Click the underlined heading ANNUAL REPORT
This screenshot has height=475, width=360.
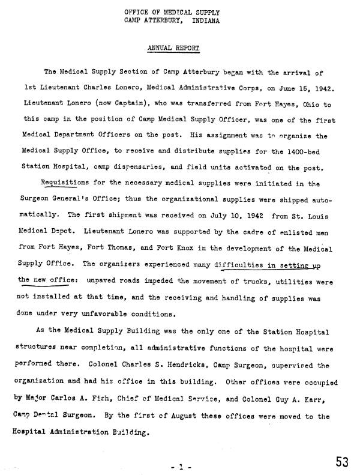click(x=173, y=47)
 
